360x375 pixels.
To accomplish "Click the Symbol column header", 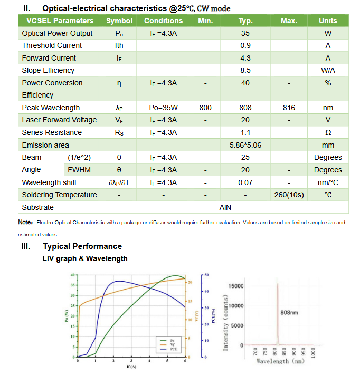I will (119, 21).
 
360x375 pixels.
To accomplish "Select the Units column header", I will (328, 21).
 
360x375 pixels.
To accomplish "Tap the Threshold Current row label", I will (52, 45).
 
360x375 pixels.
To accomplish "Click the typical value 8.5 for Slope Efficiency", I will (245, 70).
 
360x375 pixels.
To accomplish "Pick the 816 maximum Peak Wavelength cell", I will (289, 108).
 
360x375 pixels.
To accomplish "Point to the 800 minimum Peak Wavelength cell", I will (205, 108).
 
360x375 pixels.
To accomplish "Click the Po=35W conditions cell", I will (163, 108).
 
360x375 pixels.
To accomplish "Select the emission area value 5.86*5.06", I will (245, 145).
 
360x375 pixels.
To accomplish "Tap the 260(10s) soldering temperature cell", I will (289, 195).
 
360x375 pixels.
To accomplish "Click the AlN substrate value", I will (225, 207).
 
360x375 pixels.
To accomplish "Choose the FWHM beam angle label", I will (80, 170).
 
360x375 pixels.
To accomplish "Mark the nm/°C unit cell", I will (328, 182).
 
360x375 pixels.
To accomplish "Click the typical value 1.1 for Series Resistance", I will (245, 132).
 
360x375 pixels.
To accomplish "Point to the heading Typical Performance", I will (82, 246).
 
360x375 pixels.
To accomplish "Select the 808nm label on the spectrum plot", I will (289, 313).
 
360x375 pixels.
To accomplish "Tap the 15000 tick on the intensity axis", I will (236, 286).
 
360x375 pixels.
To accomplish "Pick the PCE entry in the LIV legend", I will (173, 349).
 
